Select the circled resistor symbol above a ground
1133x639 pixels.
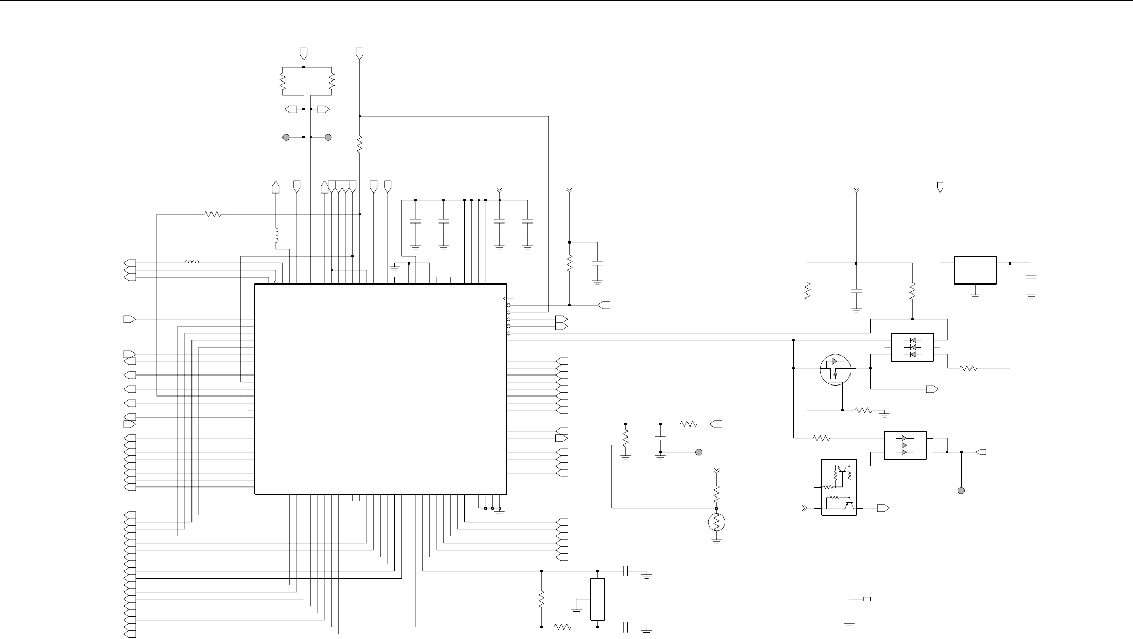click(x=716, y=522)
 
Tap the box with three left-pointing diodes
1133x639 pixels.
click(x=912, y=347)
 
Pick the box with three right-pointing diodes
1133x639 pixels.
click(x=905, y=445)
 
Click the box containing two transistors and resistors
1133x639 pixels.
click(x=838, y=487)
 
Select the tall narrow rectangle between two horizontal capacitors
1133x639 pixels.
click(x=598, y=599)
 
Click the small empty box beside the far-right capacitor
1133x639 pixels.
click(x=975, y=270)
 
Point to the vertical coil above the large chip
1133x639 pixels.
click(x=276, y=237)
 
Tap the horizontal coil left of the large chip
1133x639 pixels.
click(x=191, y=262)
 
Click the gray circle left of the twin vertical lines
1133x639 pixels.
click(x=286, y=137)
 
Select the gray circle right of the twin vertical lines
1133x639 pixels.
click(x=328, y=137)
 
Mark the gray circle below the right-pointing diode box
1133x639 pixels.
click(x=961, y=491)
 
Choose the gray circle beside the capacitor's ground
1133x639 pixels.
click(x=699, y=452)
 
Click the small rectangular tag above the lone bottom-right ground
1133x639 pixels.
click(x=866, y=599)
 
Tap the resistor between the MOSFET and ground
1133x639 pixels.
click(x=864, y=410)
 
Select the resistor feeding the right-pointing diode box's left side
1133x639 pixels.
click(x=822, y=438)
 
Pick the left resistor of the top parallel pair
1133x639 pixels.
click(x=282, y=82)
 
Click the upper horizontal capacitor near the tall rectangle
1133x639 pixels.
click(x=626, y=571)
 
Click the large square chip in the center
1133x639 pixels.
click(x=380, y=389)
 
